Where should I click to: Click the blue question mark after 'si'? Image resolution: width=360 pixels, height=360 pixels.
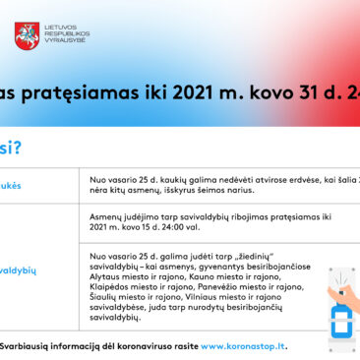coord(18,149)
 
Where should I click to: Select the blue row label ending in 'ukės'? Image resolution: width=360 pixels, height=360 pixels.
coord(10,185)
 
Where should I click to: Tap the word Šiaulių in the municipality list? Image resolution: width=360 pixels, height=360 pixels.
coord(105,308)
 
